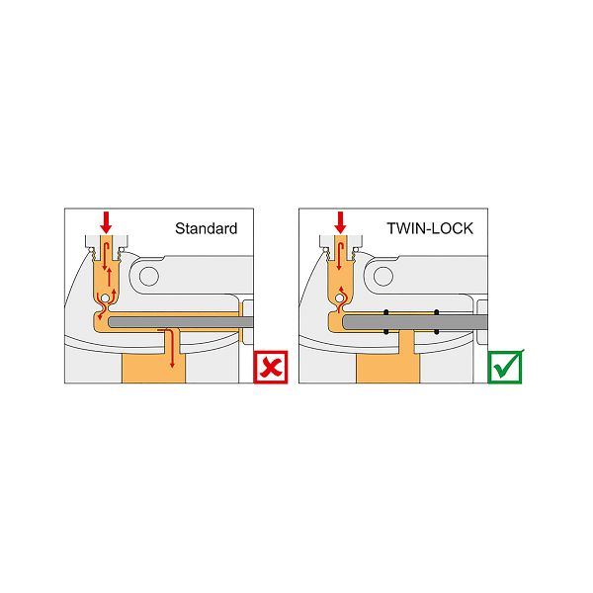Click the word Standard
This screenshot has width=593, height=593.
tap(207, 228)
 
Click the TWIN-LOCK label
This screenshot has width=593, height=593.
tap(430, 228)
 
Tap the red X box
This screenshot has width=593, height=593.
tap(271, 368)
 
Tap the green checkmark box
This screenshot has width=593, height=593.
tap(506, 367)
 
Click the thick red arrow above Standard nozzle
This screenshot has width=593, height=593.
tap(106, 222)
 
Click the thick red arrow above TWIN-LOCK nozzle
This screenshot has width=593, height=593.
tap(340, 222)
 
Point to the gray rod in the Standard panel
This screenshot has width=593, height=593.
tap(181, 322)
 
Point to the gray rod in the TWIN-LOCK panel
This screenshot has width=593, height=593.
tap(415, 322)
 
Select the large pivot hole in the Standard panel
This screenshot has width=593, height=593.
tap(149, 276)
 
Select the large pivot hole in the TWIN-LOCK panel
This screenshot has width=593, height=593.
tap(383, 276)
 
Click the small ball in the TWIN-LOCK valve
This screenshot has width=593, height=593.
tap(339, 298)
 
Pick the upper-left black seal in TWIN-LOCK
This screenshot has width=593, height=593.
tap(386, 312)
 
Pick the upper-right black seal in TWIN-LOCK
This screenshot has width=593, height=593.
tap(437, 312)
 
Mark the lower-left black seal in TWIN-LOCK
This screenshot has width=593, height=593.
tap(386, 332)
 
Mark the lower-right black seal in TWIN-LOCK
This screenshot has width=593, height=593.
tap(437, 332)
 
